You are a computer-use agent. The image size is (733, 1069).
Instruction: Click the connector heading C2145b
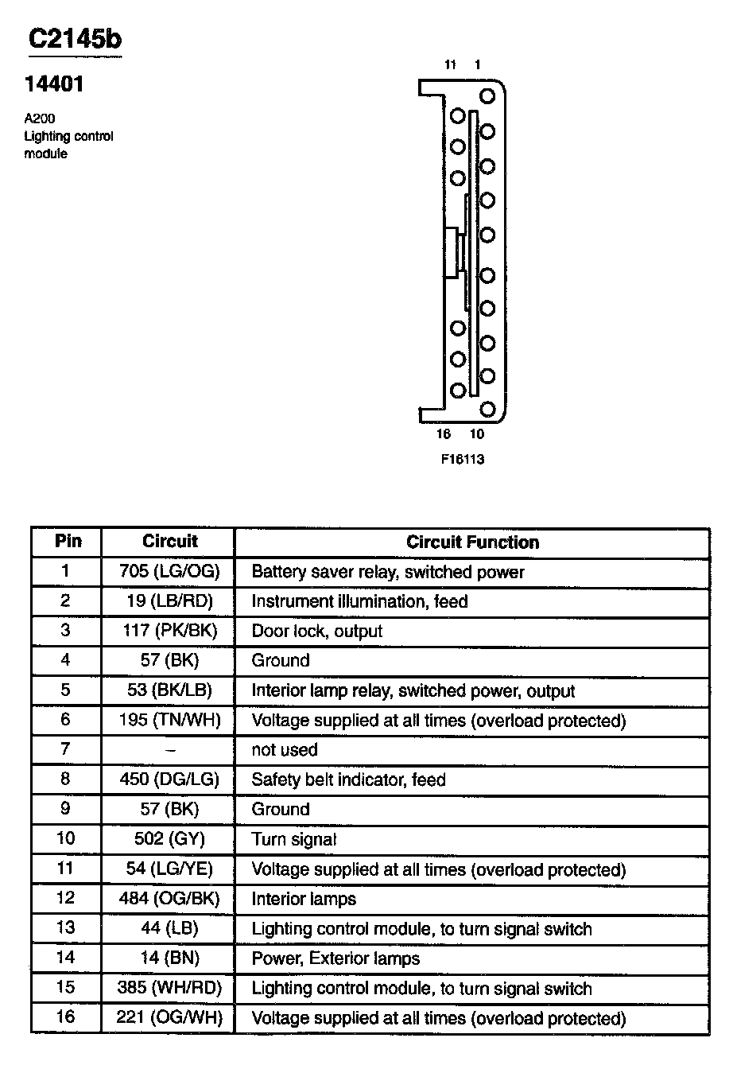(x=75, y=39)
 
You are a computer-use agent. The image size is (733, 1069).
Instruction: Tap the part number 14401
(x=53, y=85)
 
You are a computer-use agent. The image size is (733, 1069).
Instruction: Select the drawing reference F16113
(x=463, y=459)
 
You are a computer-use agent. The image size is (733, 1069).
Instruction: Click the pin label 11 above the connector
(x=450, y=65)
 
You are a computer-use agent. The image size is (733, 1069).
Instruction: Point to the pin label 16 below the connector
(x=444, y=434)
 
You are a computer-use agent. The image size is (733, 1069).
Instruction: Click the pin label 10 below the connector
(x=476, y=434)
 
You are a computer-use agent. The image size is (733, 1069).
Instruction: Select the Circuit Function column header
(x=472, y=542)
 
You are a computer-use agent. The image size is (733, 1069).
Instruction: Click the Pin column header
(x=68, y=542)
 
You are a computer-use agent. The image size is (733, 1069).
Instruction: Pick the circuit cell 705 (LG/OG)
(x=169, y=572)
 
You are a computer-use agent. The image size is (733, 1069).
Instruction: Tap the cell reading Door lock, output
(x=316, y=632)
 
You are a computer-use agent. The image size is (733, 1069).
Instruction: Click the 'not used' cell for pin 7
(x=284, y=750)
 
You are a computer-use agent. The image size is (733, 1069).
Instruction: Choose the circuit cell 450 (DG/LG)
(x=169, y=779)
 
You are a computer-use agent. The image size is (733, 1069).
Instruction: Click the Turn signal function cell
(x=294, y=839)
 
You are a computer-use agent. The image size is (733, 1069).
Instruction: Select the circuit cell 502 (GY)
(x=169, y=839)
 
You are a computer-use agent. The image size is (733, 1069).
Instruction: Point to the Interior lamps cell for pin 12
(x=304, y=899)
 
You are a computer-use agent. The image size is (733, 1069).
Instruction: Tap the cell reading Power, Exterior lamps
(x=335, y=958)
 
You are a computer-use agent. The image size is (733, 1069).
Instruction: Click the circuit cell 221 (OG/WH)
(x=169, y=1018)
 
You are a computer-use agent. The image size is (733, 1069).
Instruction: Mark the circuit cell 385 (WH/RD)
(x=169, y=989)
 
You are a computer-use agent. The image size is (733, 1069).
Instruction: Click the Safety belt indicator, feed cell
(x=348, y=779)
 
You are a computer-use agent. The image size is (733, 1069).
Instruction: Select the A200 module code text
(x=39, y=119)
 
